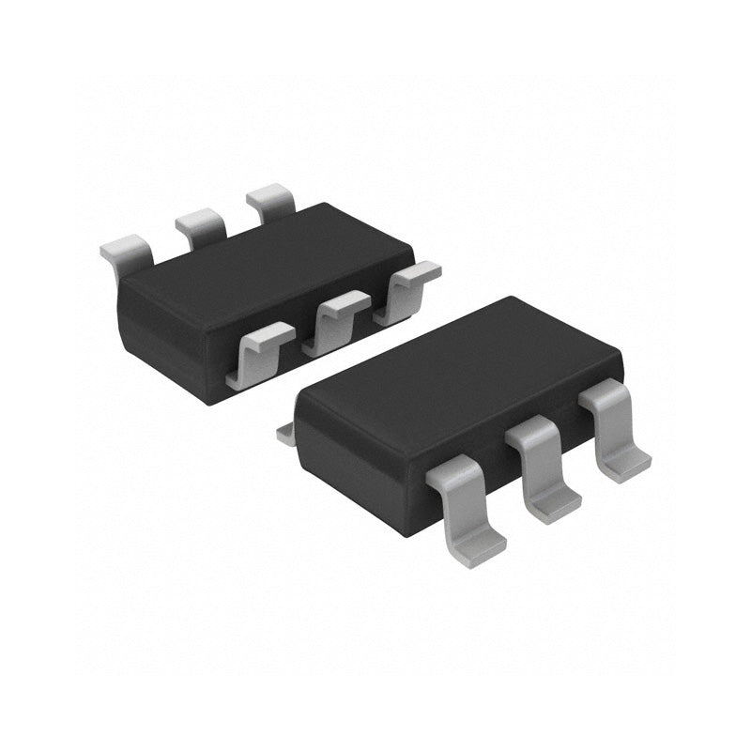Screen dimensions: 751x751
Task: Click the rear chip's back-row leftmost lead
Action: (x=128, y=250)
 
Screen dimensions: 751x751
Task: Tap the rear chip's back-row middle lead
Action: (x=200, y=225)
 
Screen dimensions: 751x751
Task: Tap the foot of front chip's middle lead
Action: (x=554, y=505)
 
